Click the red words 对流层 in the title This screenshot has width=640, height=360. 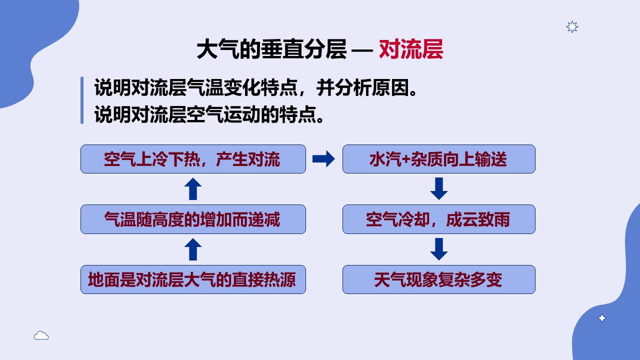pyautogui.click(x=411, y=49)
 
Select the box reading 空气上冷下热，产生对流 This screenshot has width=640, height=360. pyautogui.click(x=193, y=159)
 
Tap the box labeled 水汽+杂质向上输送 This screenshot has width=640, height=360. pyautogui.click(x=439, y=159)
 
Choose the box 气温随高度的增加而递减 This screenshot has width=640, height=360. pyautogui.click(x=193, y=219)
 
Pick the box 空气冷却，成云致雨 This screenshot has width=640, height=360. pyautogui.click(x=439, y=219)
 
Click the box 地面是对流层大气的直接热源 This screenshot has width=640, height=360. pyautogui.click(x=193, y=279)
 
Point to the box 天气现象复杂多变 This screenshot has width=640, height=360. pyautogui.click(x=439, y=279)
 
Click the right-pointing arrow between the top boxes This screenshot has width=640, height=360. pyautogui.click(x=323, y=159)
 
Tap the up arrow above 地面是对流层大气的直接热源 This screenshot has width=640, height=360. pyautogui.click(x=193, y=249)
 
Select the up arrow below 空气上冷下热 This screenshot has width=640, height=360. pyautogui.click(x=193, y=189)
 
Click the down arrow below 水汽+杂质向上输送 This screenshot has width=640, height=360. pyautogui.click(x=439, y=188)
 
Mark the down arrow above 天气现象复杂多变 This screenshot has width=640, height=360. pyautogui.click(x=439, y=249)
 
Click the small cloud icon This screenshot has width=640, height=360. pyautogui.click(x=41, y=335)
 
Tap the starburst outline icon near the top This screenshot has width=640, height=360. pyautogui.click(x=572, y=27)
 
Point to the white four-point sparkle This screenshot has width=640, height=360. pyautogui.click(x=602, y=318)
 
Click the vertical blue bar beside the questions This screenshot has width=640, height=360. pyautogui.click(x=82, y=100)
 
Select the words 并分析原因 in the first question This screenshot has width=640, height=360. pyautogui.click(x=362, y=87)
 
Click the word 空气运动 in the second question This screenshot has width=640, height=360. pyautogui.click(x=223, y=114)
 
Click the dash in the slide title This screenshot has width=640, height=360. pyautogui.click(x=362, y=50)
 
